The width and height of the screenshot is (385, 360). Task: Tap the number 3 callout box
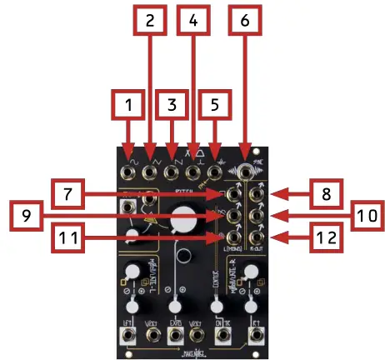(x=172, y=107)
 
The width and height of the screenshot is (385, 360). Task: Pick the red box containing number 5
(x=215, y=107)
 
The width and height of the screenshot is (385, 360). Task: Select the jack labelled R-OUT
(x=257, y=239)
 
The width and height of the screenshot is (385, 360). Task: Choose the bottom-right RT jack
(x=258, y=338)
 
